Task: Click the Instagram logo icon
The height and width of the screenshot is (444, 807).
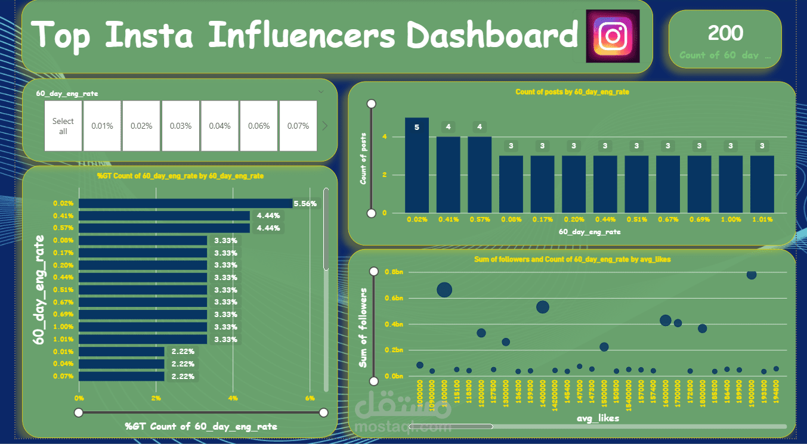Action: click(613, 36)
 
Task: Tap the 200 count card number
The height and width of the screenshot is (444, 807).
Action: click(725, 33)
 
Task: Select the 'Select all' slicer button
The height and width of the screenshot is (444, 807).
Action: click(63, 126)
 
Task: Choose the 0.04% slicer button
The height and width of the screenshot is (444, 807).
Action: click(219, 126)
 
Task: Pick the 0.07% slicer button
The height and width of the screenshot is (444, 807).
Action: click(298, 126)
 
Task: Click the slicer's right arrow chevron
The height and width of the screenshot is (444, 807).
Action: click(325, 126)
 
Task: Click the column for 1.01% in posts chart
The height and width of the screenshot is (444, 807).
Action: click(762, 184)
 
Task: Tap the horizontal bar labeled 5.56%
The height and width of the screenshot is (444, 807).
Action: click(185, 203)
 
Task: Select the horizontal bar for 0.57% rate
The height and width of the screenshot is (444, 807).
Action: click(164, 228)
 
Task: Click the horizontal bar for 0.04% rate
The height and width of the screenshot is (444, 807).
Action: click(121, 364)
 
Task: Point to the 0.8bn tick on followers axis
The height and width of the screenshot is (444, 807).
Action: click(394, 272)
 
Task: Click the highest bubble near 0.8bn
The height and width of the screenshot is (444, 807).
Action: click(752, 274)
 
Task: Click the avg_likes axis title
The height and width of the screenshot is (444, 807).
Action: click(598, 418)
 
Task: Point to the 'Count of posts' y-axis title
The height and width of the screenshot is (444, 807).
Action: click(363, 158)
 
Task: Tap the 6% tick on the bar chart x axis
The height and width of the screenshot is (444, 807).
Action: click(310, 398)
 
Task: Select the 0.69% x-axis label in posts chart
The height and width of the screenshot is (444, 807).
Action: click(699, 219)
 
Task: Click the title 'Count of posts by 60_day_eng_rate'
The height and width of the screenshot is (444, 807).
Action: click(572, 92)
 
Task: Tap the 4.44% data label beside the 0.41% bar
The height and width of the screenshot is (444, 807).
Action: click(268, 216)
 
